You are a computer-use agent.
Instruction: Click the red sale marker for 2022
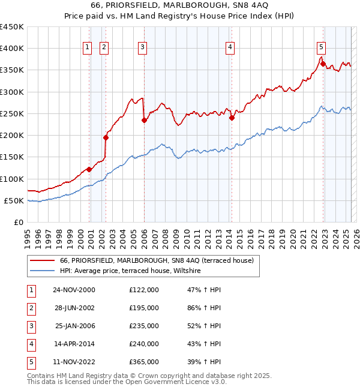[323, 64]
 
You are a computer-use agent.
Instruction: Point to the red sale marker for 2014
[232, 118]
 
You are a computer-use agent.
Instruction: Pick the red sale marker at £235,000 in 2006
[144, 120]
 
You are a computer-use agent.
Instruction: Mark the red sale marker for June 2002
[106, 137]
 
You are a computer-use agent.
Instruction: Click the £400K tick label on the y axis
[11, 49]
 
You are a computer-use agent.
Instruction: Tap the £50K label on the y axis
[14, 200]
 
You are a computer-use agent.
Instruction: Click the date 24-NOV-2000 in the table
[74, 290]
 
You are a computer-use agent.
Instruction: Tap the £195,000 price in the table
[144, 308]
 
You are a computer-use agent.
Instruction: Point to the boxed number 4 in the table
[31, 344]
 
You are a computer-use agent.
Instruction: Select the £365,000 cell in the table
[144, 362]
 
